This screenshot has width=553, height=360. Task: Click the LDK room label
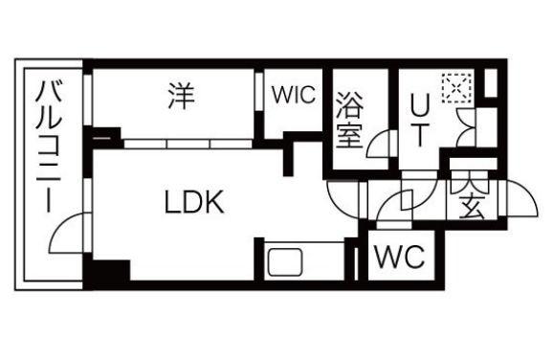[193, 202]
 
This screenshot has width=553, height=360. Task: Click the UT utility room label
[419, 119]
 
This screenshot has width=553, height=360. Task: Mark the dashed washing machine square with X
[454, 89]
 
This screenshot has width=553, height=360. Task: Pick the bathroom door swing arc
[381, 146]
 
